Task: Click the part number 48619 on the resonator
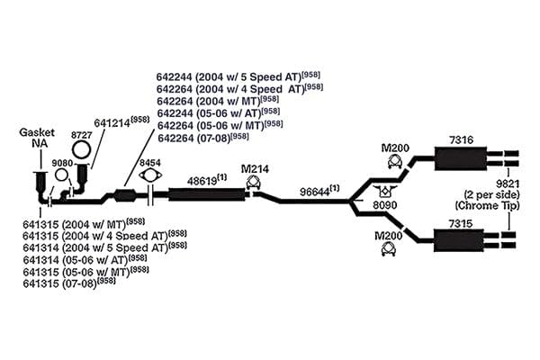click(202, 181)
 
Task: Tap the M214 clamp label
click(255, 169)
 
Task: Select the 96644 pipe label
click(315, 192)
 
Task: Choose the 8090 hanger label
click(385, 205)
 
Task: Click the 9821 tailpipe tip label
click(508, 184)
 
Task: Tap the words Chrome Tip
click(487, 206)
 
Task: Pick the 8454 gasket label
click(149, 163)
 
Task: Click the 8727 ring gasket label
click(82, 135)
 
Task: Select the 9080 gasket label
click(62, 163)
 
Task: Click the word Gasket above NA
click(37, 132)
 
